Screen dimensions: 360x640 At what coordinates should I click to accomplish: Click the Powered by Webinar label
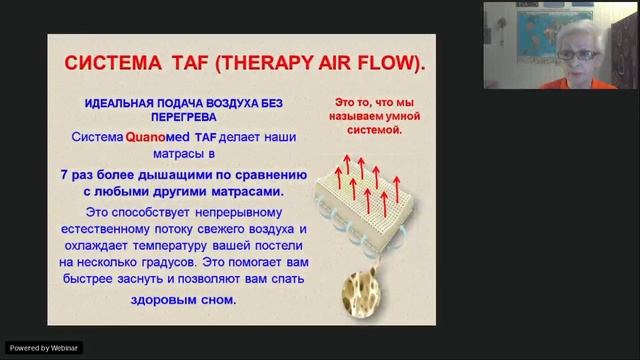point(43,347)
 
